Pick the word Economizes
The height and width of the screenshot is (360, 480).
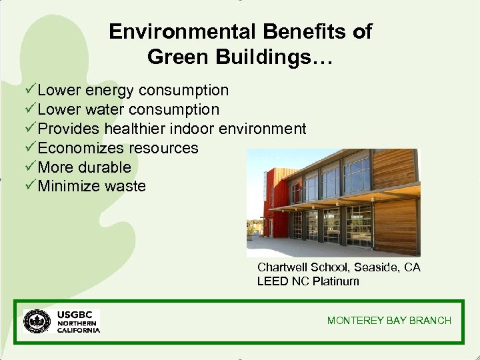tap(81, 148)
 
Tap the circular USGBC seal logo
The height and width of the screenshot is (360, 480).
tap(37, 321)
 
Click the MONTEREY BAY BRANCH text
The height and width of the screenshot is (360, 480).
tap(389, 321)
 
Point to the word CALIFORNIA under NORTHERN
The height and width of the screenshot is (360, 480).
tap(78, 330)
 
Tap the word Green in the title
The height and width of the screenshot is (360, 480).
tap(173, 57)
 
